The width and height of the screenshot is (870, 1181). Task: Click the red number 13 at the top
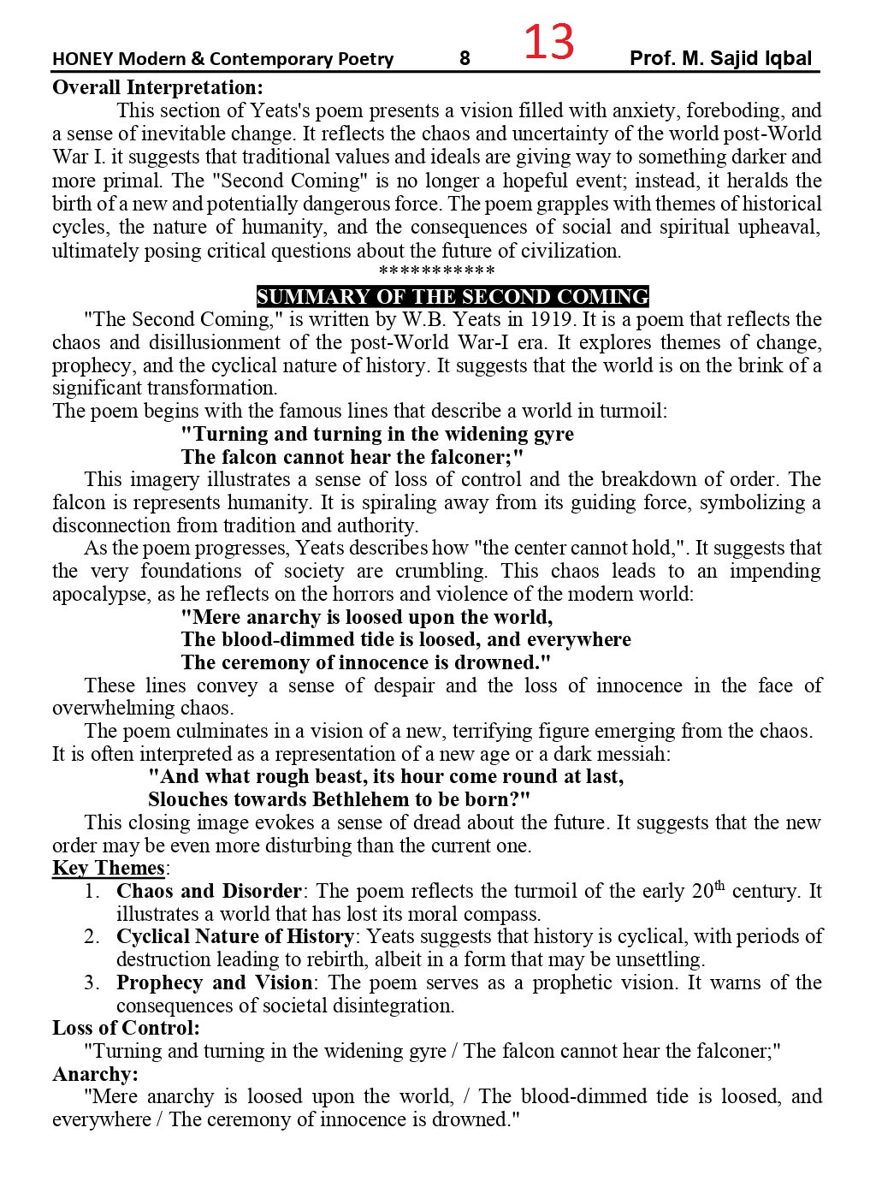tap(548, 43)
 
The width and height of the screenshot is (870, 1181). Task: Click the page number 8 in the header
tap(465, 58)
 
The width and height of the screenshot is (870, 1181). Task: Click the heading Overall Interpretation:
tap(157, 87)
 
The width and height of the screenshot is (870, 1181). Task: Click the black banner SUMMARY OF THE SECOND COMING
tap(453, 296)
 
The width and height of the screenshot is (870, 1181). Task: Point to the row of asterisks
tap(436, 272)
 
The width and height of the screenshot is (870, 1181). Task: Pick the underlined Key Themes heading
tap(109, 868)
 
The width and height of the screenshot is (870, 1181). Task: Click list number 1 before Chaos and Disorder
tap(92, 891)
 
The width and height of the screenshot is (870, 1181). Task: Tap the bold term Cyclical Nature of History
tap(235, 936)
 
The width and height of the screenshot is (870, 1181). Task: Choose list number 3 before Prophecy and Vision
tap(92, 982)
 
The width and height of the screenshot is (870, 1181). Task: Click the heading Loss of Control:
tap(126, 1028)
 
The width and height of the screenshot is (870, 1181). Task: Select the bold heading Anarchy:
tap(95, 1073)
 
